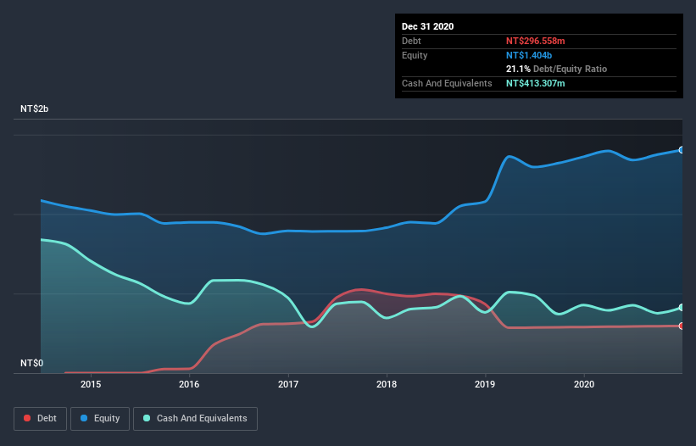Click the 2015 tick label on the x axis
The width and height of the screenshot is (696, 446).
(x=91, y=383)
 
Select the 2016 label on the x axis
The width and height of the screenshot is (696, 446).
(x=189, y=383)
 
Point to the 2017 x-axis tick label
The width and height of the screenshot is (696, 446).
(x=288, y=383)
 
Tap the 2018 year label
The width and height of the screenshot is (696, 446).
(x=387, y=383)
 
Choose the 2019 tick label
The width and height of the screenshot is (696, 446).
(x=486, y=383)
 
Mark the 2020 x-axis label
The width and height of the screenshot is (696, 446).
(x=584, y=383)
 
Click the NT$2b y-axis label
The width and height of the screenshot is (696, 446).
(x=34, y=109)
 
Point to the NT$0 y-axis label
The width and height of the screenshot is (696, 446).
(x=31, y=363)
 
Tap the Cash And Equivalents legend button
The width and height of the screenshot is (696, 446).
(x=195, y=418)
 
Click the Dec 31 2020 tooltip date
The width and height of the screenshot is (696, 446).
(x=427, y=26)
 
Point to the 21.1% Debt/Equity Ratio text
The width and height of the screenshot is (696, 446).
(x=556, y=69)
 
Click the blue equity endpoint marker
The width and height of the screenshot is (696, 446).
(x=681, y=150)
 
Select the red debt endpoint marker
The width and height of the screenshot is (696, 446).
(x=681, y=326)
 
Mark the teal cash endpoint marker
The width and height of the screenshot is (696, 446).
(x=681, y=307)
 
